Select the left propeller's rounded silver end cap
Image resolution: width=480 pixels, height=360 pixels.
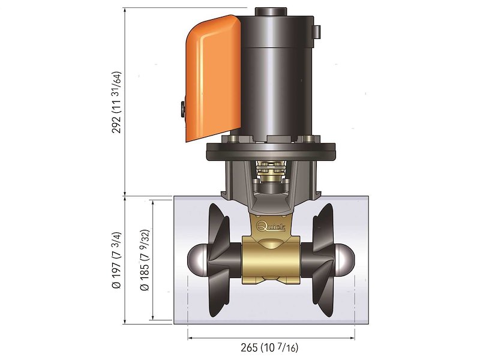(195, 259)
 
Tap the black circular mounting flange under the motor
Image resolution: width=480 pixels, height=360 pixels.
(271, 152)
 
